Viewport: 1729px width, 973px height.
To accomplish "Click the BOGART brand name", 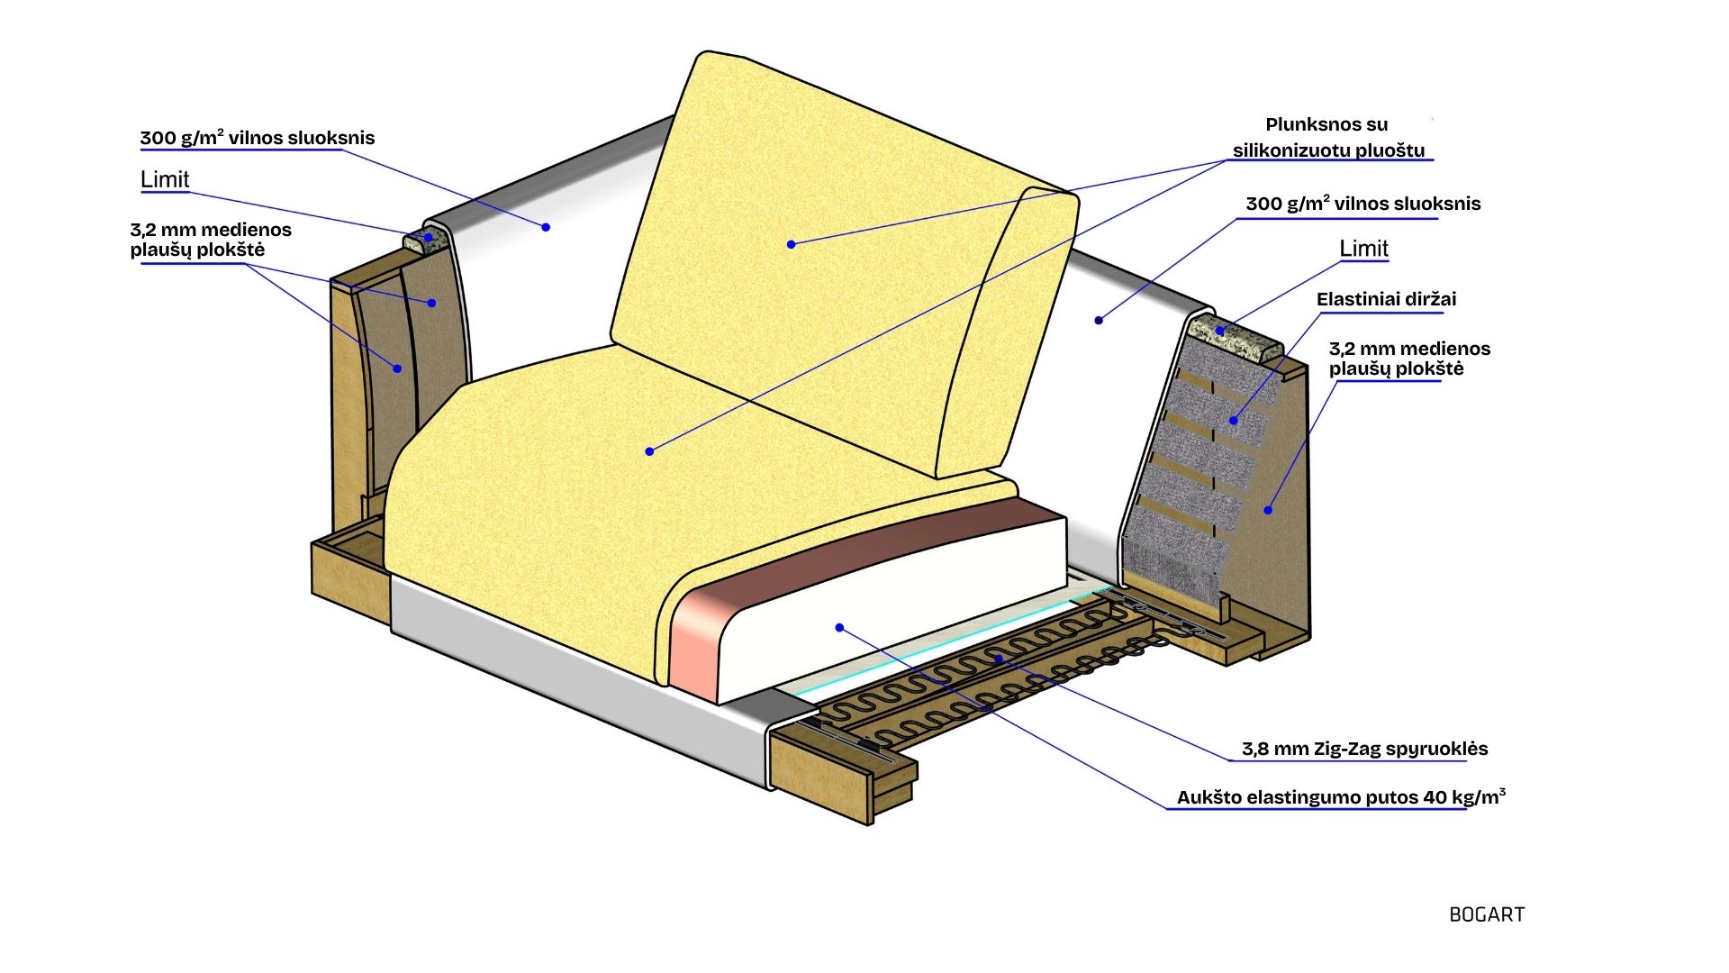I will pos(1487,914).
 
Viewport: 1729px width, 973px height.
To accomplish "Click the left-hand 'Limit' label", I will pos(165,179).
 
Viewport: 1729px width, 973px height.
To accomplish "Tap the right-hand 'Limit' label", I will pos(1363,248).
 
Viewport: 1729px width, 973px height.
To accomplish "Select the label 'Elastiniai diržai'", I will pos(1386,299).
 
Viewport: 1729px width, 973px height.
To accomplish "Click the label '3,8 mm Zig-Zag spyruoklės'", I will pos(1352,749).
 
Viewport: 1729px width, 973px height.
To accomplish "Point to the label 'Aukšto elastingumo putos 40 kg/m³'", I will pos(1341,797).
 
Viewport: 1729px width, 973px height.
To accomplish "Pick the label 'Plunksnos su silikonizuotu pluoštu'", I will pos(1327,138).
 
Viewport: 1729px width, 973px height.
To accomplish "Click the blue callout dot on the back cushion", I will pos(791,244).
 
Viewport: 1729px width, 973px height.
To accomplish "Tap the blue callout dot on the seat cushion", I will pos(649,450).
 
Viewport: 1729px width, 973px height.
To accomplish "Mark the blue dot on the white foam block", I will pos(839,627).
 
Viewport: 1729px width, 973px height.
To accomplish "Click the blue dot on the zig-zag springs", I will pos(999,659).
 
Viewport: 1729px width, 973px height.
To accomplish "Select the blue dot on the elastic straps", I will pos(1234,420).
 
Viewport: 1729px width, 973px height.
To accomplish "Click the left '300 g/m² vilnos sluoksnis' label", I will pos(257,138).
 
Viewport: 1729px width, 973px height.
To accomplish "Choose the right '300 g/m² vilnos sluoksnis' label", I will pos(1362,204).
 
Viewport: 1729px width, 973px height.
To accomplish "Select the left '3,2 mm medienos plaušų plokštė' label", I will pos(210,240).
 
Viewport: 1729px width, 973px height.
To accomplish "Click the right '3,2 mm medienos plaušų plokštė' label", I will pos(1409,359).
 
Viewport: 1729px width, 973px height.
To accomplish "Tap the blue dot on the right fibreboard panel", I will pos(1268,510).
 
